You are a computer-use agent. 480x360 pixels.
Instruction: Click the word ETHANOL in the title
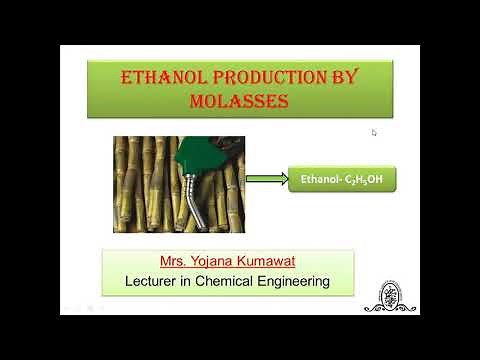pos(159,77)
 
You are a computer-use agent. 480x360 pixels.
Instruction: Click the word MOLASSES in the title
pos(240,100)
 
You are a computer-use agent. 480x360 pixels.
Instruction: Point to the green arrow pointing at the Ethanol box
pos(265,179)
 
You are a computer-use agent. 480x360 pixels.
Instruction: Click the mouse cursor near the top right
pos(374,132)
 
